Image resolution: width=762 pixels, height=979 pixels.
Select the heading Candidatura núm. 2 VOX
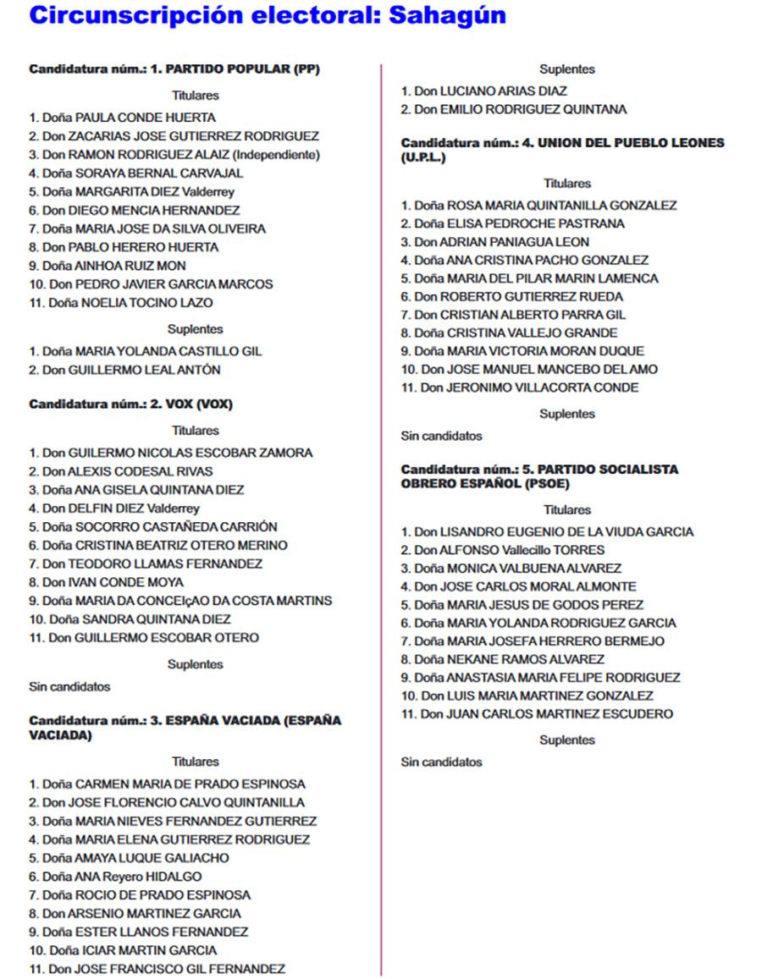pyautogui.click(x=130, y=404)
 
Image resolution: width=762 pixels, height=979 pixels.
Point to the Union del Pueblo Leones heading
pyautogui.click(x=562, y=150)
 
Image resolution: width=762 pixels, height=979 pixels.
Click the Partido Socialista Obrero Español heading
pyautogui.click(x=539, y=476)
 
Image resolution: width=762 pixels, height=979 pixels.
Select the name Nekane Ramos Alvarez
pyautogui.click(x=503, y=659)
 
